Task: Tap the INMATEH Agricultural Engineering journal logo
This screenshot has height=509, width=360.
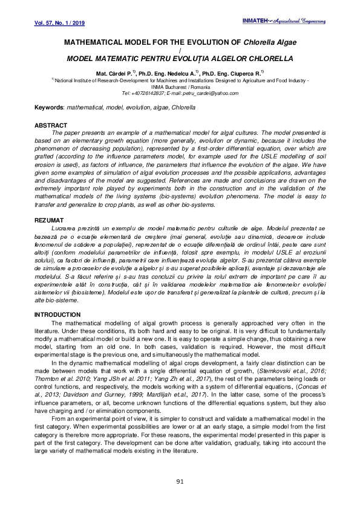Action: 302,21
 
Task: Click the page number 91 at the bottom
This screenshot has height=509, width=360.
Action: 180,481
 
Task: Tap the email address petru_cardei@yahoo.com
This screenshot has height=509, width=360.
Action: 205,94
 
